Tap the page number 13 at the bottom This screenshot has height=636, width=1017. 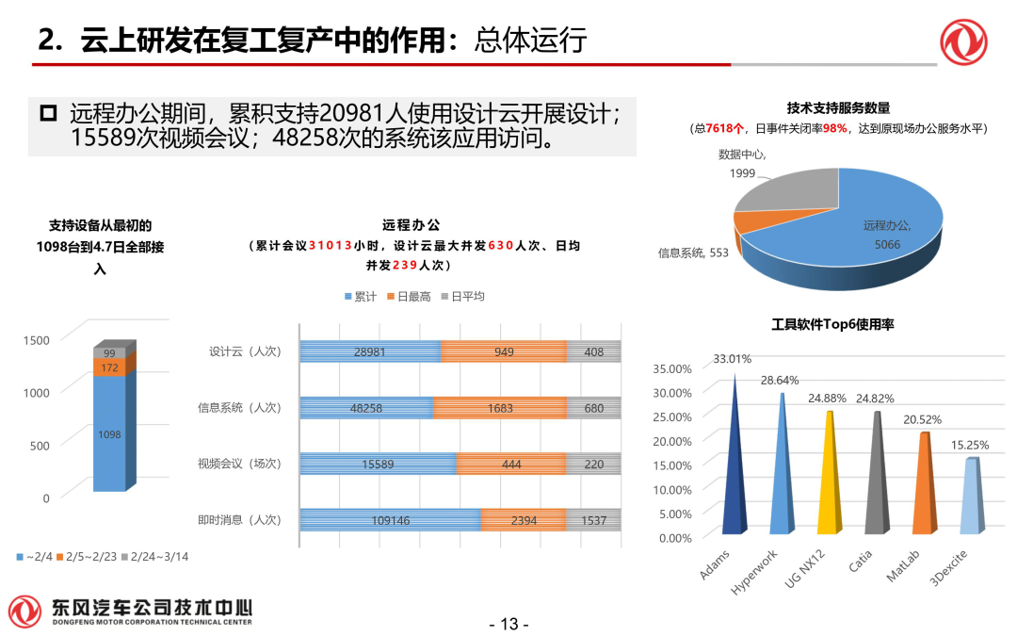tap(509, 624)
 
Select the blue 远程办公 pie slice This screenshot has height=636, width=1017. tap(866, 236)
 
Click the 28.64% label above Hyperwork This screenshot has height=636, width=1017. tap(779, 380)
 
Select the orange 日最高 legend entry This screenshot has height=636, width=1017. tap(409, 296)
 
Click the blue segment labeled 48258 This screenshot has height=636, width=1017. tap(367, 408)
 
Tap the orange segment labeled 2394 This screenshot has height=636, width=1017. tap(524, 520)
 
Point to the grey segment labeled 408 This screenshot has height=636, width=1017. tap(593, 352)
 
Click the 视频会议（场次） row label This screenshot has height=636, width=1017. tap(239, 464)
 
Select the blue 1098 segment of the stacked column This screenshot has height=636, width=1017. tap(109, 433)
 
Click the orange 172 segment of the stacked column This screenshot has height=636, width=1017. tap(109, 367)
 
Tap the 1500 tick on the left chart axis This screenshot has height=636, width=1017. tap(37, 339)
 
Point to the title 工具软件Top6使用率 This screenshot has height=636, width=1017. tap(832, 324)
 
